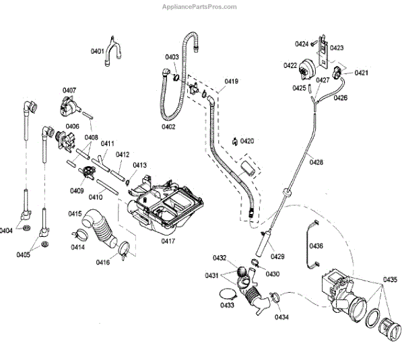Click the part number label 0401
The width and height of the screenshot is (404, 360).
point(98,51)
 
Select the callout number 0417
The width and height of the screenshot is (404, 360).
point(168,240)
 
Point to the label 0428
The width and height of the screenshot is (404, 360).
point(316,161)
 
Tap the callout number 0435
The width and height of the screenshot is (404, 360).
point(391,279)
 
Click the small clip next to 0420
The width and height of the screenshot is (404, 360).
point(232,141)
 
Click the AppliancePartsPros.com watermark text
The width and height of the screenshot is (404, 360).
point(199,7)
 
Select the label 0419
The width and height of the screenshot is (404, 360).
point(231,81)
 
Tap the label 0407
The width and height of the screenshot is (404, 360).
point(69,90)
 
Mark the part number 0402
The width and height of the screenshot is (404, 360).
point(168,127)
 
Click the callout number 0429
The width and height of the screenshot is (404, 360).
point(277,256)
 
